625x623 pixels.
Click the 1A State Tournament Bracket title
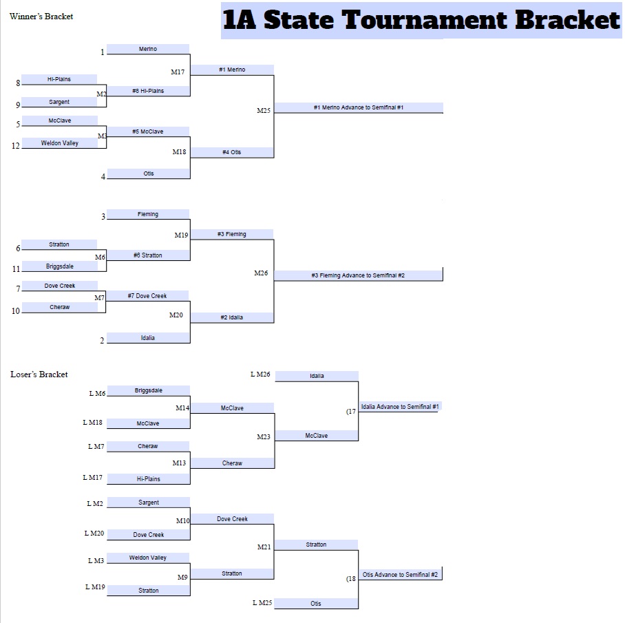(421, 20)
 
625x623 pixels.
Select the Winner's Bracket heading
(41, 17)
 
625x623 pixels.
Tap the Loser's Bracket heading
(39, 374)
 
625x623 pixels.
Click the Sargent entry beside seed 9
(59, 102)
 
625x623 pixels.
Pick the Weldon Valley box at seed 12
(60, 142)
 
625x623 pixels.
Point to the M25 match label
(264, 110)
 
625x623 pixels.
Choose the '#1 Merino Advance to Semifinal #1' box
(359, 107)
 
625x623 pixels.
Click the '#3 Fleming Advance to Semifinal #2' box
(358, 275)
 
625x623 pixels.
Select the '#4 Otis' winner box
(231, 152)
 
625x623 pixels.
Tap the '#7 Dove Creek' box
(147, 296)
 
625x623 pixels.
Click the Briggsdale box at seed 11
(60, 266)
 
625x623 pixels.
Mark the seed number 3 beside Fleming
(103, 216)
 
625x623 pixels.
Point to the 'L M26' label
(260, 374)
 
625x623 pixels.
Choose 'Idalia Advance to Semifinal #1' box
(400, 407)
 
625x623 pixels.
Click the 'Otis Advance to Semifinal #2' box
(400, 574)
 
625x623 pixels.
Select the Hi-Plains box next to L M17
(148, 478)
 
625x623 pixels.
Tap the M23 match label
(264, 437)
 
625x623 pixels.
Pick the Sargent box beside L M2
(148, 503)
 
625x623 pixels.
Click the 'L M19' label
(95, 587)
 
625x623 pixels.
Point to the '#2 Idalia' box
(231, 317)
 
